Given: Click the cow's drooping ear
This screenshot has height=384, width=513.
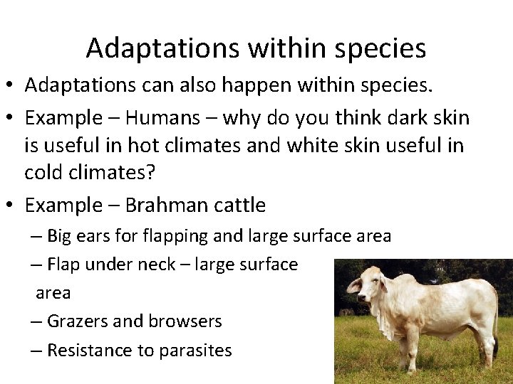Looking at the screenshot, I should coord(354,286).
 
